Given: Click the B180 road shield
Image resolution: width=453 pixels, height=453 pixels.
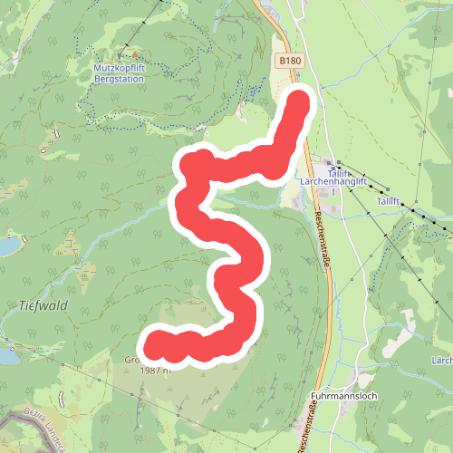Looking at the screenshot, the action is click(x=288, y=60).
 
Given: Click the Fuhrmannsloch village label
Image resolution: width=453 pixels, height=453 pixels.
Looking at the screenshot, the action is click(x=348, y=397).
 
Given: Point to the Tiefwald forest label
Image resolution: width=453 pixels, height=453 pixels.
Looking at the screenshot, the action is click(x=42, y=306).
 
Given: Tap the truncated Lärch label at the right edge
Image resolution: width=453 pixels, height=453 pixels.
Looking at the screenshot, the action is click(x=442, y=361).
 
